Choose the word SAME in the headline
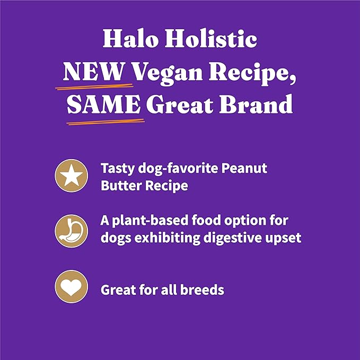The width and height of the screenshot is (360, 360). coord(104,106)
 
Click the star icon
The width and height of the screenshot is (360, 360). coord(72,175)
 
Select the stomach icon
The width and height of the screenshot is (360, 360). coord(72,229)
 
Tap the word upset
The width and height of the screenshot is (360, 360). coord(283,237)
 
